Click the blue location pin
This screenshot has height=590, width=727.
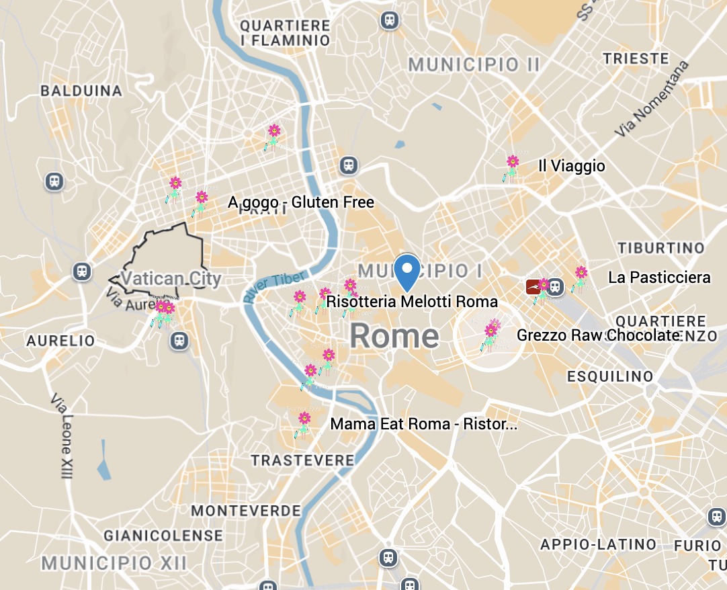[407, 271]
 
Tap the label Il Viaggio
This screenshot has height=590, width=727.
[572, 166]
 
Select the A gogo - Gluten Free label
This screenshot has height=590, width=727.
[301, 202]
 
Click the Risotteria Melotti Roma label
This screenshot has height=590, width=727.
[412, 301]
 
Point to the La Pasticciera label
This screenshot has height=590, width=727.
[659, 278]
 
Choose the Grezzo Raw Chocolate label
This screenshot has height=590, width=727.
[599, 335]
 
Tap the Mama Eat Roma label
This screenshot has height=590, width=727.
[424, 424]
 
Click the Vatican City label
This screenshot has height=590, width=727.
[171, 278]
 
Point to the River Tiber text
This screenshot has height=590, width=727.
[275, 286]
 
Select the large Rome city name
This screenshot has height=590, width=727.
[394, 335]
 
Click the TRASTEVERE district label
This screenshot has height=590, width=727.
[302, 460]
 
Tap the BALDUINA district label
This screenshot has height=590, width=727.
[81, 91]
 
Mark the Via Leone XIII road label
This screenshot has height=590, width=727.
[61, 436]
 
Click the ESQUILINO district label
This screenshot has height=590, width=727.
[610, 376]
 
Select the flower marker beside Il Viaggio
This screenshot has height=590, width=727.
[512, 167]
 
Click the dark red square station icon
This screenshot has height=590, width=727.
[533, 288]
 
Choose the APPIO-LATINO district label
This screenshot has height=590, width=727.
[598, 544]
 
